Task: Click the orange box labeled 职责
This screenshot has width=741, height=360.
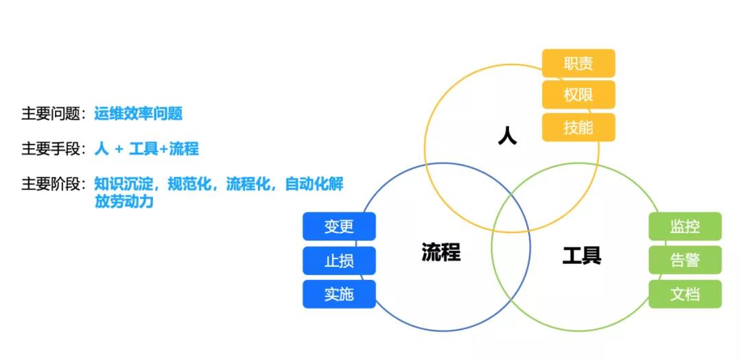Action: click(578, 64)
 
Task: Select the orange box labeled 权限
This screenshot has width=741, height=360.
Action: click(578, 95)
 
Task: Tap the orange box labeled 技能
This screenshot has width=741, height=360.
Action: click(578, 128)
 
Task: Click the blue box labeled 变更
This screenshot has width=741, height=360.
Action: click(339, 227)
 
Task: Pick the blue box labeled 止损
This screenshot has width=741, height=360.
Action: click(339, 261)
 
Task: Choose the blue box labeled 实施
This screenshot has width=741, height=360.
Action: click(339, 294)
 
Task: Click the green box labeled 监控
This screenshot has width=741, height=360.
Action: click(685, 227)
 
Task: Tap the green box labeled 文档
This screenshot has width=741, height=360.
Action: click(685, 294)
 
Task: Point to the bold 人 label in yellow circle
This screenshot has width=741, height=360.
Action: click(507, 136)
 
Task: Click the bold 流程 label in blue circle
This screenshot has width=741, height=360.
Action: click(440, 252)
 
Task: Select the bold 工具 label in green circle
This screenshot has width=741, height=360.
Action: click(582, 256)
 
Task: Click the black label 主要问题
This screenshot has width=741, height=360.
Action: click(51, 114)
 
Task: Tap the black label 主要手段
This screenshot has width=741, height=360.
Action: click(51, 149)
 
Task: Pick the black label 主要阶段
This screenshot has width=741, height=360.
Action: click(51, 184)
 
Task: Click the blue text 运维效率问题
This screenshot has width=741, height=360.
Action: click(138, 114)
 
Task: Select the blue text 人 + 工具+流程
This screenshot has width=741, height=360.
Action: click(146, 149)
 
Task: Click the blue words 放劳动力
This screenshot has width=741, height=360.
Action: click(123, 202)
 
